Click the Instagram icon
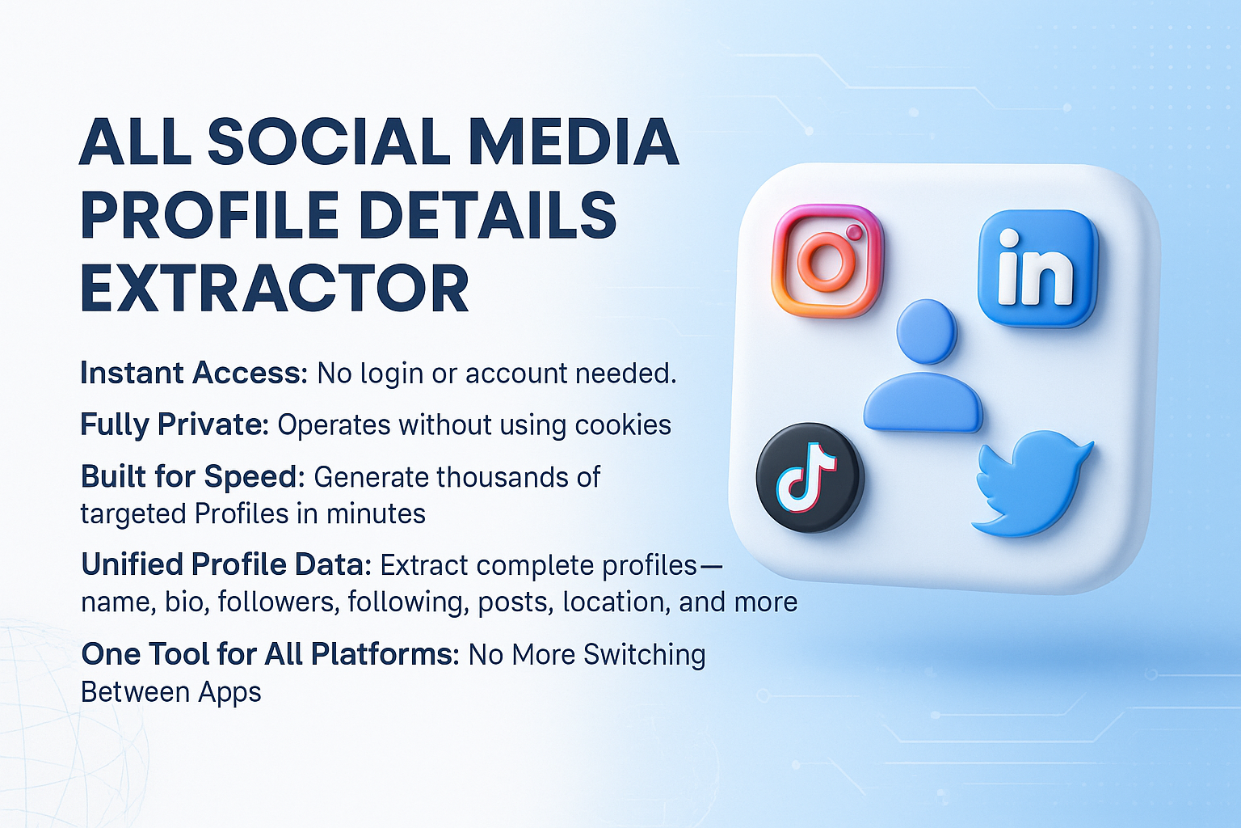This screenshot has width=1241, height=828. tap(827, 260)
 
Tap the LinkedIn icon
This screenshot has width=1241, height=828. tap(1037, 268)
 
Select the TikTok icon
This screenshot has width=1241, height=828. tap(810, 479)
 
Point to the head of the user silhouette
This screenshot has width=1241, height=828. tap(926, 332)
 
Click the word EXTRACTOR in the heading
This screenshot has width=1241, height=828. tap(275, 289)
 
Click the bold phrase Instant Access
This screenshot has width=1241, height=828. tap(193, 373)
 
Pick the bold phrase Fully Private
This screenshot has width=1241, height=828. tap(174, 425)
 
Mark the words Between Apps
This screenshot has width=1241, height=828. tap(170, 692)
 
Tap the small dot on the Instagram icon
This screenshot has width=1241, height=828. tap(854, 233)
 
